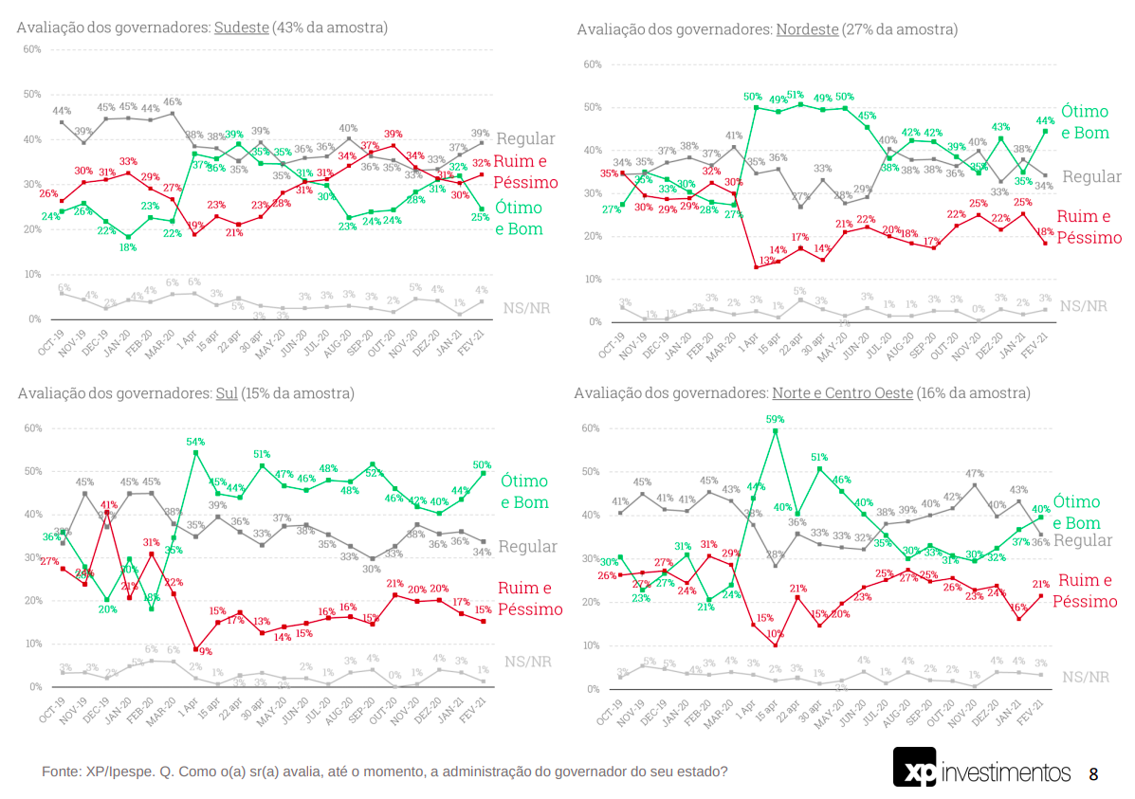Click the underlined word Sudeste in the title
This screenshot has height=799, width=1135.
[242, 27]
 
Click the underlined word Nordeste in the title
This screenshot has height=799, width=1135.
[807, 29]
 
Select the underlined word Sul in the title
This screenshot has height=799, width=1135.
[229, 392]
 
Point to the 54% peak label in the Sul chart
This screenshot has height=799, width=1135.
[196, 442]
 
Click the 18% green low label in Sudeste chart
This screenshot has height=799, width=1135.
[128, 247]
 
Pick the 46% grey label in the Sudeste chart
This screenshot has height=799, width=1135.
[173, 102]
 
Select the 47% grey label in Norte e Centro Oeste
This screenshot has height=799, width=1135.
[974, 473]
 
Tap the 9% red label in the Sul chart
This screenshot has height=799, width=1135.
[205, 651]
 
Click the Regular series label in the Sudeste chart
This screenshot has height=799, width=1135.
[525, 139]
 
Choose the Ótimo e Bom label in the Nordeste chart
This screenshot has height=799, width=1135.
[1085, 121]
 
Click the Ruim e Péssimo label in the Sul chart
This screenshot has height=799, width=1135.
[530, 598]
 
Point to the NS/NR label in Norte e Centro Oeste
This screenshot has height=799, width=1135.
[1085, 677]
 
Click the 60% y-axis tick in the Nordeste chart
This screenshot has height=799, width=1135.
[594, 64]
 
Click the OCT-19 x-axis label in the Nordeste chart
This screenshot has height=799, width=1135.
[613, 347]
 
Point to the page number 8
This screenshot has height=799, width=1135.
[1093, 774]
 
